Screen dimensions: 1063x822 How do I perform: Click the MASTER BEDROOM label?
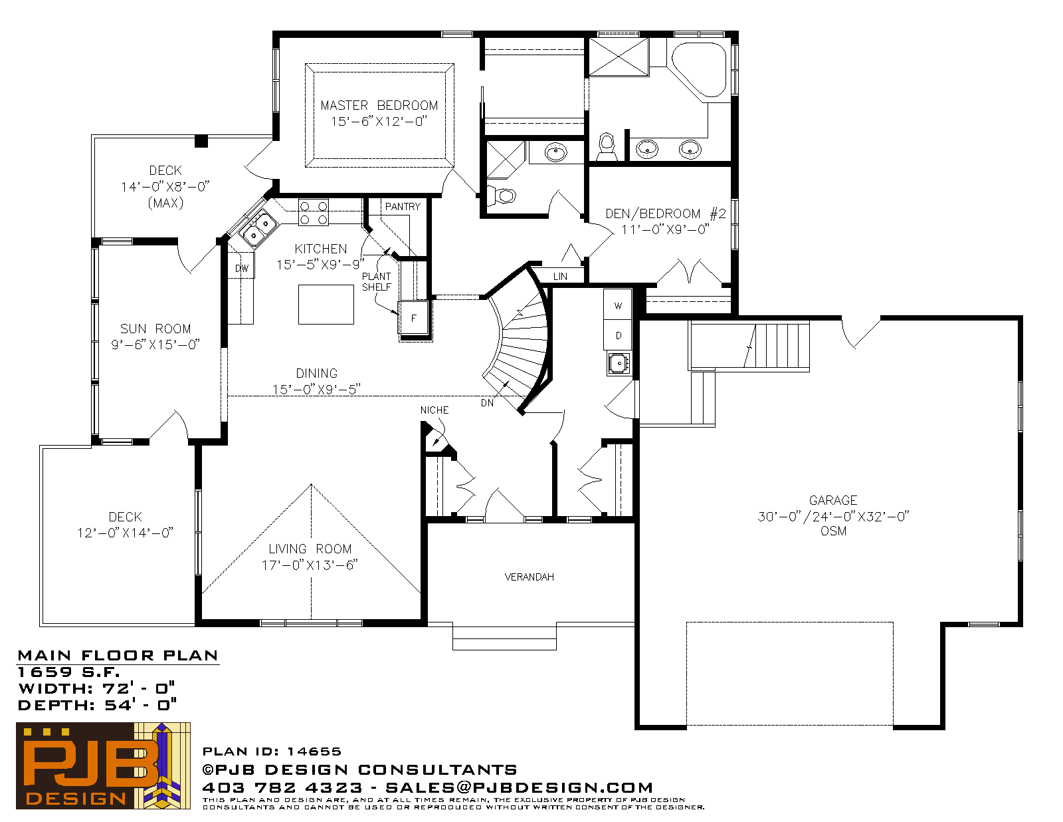pos(379,105)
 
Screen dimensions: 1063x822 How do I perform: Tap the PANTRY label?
pos(403,207)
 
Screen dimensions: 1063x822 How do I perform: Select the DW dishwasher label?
pos(242,268)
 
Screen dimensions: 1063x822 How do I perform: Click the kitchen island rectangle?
pos(326,305)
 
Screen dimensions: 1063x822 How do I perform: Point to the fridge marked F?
pos(414,318)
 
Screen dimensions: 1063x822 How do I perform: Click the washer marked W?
pos(618,305)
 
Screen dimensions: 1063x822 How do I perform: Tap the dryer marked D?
pos(618,335)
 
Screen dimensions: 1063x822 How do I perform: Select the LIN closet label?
pos(560,277)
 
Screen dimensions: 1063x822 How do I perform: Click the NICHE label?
pos(435,410)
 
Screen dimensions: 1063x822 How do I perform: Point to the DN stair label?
pos(487,403)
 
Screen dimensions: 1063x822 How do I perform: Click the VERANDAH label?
pos(530,577)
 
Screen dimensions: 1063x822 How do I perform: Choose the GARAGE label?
pos(833,500)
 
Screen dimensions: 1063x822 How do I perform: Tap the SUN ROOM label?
pos(155,329)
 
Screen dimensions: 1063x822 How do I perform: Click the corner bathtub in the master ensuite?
pos(700,70)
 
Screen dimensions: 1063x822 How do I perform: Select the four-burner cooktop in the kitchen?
pos(314,212)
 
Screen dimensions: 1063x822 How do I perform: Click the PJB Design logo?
pos(103,765)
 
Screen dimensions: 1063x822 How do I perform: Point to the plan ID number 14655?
pos(314,752)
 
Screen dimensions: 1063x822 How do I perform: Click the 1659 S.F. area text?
pos(68,672)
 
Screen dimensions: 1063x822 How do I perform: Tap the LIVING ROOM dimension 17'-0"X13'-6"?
pos(310,565)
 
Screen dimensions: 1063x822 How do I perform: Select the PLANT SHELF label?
pos(377,281)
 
